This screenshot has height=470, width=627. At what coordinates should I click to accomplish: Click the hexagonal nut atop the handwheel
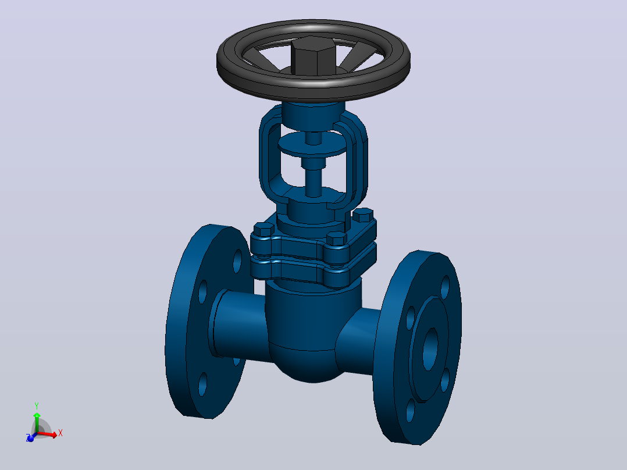click(x=313, y=55)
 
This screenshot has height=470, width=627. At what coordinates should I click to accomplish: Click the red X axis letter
click(x=60, y=433)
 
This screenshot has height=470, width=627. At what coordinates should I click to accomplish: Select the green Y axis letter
click(x=37, y=406)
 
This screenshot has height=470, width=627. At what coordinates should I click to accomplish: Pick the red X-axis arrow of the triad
click(x=47, y=434)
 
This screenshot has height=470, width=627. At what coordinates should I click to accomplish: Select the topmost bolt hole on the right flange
click(x=445, y=287)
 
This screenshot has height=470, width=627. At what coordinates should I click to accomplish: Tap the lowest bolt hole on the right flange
click(x=410, y=410)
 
